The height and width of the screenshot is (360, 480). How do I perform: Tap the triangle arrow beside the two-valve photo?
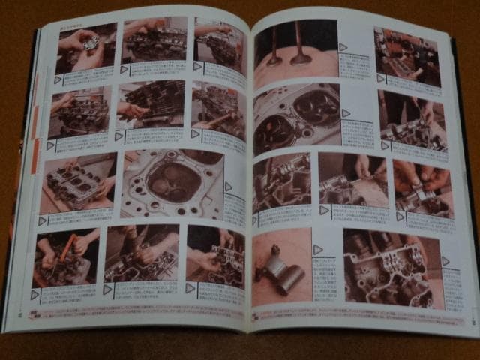tap(343, 47)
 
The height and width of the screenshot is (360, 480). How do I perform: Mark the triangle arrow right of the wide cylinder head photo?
tap(445, 261)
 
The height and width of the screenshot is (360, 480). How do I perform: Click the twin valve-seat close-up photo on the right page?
tap(296, 117)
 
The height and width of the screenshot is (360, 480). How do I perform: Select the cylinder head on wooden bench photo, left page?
tap(79, 182)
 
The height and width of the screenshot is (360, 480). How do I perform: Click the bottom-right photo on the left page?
tap(215, 253)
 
